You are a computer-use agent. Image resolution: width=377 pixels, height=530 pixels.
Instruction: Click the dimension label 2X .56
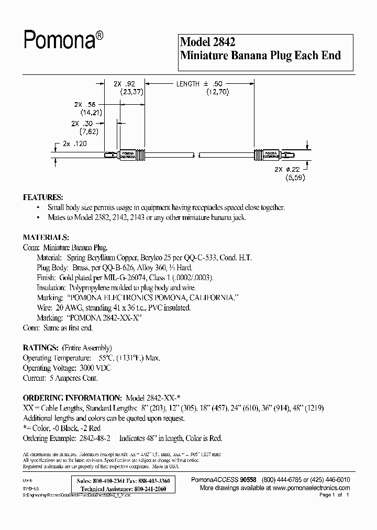[x=84, y=104]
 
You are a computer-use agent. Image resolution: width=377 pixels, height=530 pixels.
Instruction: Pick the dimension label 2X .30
[x=83, y=123]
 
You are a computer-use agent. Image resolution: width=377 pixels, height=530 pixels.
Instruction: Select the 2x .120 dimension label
[x=74, y=143]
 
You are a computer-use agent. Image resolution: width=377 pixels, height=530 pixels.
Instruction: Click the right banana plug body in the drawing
[x=265, y=155]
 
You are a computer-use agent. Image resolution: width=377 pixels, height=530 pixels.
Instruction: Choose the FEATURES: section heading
[x=43, y=197]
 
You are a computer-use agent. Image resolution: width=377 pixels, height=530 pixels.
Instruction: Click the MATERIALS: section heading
[x=46, y=237]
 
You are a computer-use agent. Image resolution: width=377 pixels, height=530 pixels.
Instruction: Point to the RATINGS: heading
[x=40, y=347]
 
